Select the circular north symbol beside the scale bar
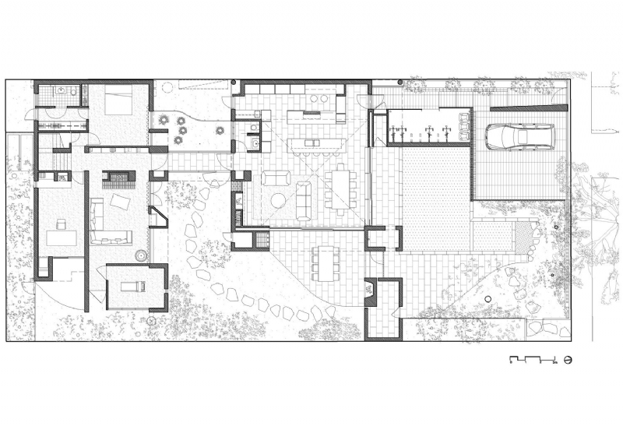click(x=568, y=360)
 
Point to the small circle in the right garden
click(x=487, y=300)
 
